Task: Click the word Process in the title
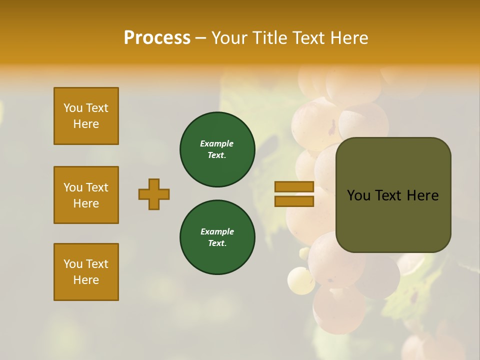(157, 38)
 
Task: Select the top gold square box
(86, 116)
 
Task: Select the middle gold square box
(86, 195)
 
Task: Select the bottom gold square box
(86, 272)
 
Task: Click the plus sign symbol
(154, 194)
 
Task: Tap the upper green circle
(217, 149)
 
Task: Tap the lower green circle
(217, 237)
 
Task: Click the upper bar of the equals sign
(294, 186)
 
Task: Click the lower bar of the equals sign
(294, 201)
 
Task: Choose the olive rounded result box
(393, 195)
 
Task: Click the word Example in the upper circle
(217, 143)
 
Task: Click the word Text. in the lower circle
(217, 243)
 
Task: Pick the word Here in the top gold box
(86, 124)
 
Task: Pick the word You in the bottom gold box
(73, 264)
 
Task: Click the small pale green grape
(301, 280)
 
